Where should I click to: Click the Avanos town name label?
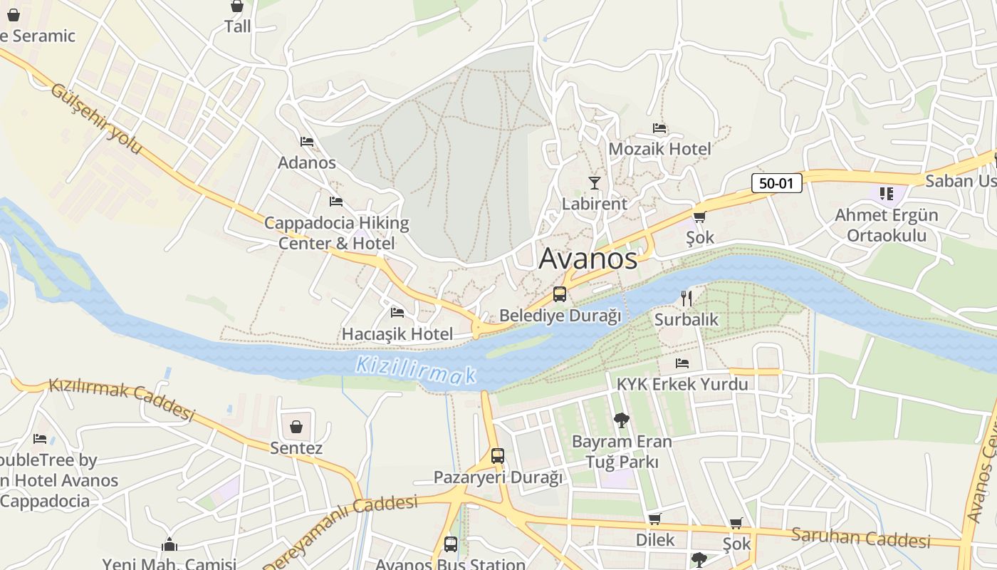pyautogui.click(x=588, y=258)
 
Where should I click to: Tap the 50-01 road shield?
pyautogui.click(x=776, y=183)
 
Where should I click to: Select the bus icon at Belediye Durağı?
pyautogui.click(x=560, y=294)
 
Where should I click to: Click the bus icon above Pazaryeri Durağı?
pyautogui.click(x=498, y=455)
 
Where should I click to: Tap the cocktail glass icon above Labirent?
pyautogui.click(x=594, y=183)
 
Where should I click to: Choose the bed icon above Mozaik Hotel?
pyautogui.click(x=659, y=128)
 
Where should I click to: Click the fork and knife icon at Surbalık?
pyautogui.click(x=687, y=298)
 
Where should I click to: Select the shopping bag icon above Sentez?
pyautogui.click(x=296, y=427)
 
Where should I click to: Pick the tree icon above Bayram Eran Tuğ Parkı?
pyautogui.click(x=622, y=420)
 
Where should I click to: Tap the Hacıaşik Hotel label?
pyautogui.click(x=397, y=333)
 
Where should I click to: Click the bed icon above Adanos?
pyautogui.click(x=307, y=141)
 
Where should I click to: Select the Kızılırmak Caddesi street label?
pyautogui.click(x=121, y=399)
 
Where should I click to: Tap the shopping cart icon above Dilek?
pyautogui.click(x=654, y=519)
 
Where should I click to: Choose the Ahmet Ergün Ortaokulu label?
pyautogui.click(x=886, y=225)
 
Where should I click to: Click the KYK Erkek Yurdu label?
pyautogui.click(x=682, y=384)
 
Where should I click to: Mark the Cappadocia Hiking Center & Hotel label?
pyautogui.click(x=336, y=233)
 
